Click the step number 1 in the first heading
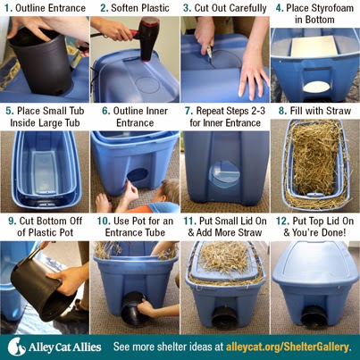(x=8, y=8)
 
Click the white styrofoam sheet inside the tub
(x=314, y=47)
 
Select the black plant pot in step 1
(x=41, y=61)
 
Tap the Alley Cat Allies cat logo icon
(x=16, y=347)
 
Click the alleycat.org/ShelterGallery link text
(x=287, y=347)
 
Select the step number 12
(x=282, y=222)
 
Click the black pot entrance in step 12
(x=315, y=318)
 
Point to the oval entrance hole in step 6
(x=138, y=175)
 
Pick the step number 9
(x=13, y=222)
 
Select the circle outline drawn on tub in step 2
(x=147, y=86)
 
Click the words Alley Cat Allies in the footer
(x=65, y=347)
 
